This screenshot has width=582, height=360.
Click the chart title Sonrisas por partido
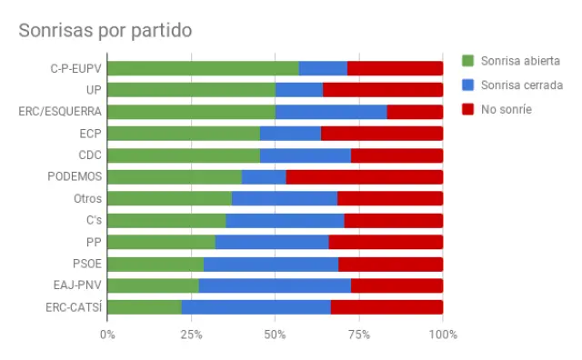pos(105,30)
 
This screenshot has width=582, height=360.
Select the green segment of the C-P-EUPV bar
pos(203,68)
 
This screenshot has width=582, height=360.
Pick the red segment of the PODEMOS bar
pos(364,177)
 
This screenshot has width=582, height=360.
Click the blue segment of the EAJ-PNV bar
pos(275,285)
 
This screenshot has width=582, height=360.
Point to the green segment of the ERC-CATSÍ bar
pos(145,307)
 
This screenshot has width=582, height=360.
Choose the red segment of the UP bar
pos(382,90)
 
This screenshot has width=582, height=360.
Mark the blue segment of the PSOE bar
pos(271,264)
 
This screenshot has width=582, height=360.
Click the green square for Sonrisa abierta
pos(468,61)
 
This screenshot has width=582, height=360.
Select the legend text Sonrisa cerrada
pos(522,85)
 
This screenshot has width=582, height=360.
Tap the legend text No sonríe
pos(507,109)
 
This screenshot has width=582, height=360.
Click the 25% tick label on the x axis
pos(191,335)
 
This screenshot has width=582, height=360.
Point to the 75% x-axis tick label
pos(358,335)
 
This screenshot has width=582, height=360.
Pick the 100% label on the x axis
pos(442,335)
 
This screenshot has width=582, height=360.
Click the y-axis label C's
pos(91,221)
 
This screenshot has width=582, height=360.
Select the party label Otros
pos(87,199)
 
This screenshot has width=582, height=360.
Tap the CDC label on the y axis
pos(90,155)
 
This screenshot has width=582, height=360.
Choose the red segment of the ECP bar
pos(382,134)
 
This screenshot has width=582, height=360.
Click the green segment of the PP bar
pos(161,242)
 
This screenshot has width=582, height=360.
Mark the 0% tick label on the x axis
pos(107,335)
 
